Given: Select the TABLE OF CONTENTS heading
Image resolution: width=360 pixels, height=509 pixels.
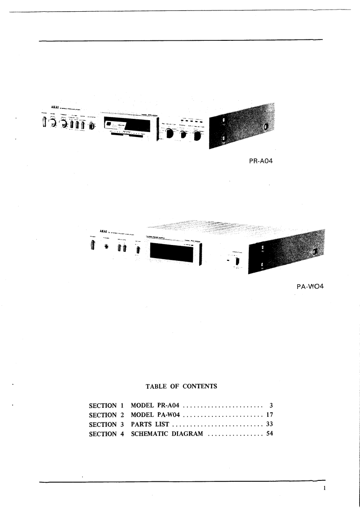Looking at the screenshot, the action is pos(181,387).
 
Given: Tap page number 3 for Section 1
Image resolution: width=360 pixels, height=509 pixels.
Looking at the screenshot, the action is pos(270,405).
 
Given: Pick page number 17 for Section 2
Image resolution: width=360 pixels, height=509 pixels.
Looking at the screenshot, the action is pos(269,415).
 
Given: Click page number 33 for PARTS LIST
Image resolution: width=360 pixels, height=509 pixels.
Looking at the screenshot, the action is pos(269,425).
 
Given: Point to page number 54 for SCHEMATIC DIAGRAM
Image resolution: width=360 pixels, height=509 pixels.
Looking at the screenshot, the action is pos(269,434).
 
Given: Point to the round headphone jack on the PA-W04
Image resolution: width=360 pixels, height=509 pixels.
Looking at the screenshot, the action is pos(107,247).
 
